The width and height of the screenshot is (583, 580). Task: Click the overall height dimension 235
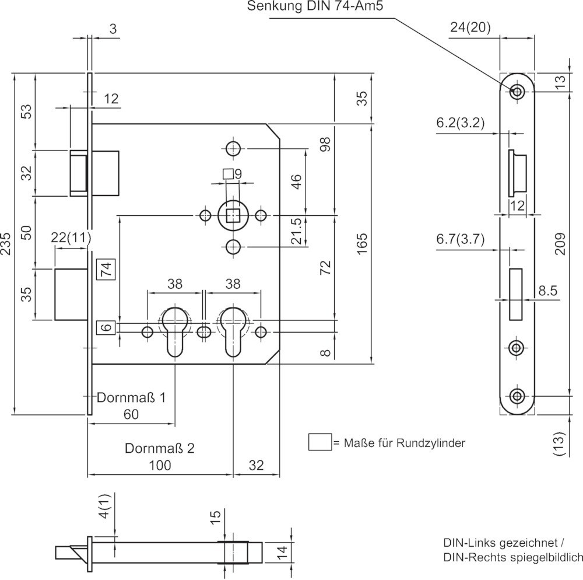pos(6,244)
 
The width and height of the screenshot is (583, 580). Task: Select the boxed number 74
pos(106,268)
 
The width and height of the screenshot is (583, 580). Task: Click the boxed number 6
pos(106,327)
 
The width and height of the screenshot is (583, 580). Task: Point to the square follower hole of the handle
pos(233,215)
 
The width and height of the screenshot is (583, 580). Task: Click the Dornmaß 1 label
pos(131,397)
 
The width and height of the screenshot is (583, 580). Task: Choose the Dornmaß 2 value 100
pos(160,465)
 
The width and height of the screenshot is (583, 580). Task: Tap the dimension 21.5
pos(296,231)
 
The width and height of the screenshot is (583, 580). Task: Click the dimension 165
pos(361,243)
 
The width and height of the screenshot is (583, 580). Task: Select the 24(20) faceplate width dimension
pos(470,27)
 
